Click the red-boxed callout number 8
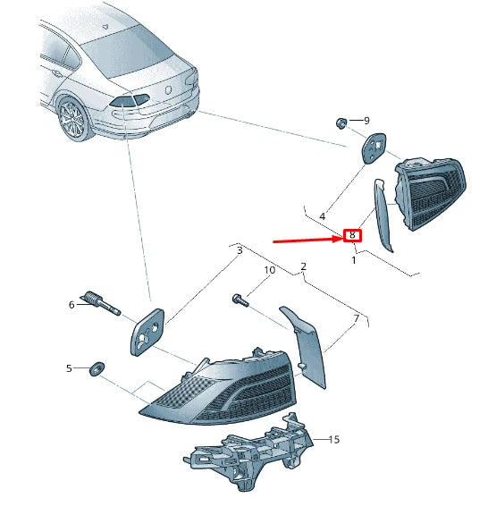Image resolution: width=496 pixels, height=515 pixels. click(x=352, y=235)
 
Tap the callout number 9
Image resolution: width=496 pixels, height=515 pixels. click(x=366, y=121)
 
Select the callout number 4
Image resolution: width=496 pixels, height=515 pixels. click(x=323, y=216)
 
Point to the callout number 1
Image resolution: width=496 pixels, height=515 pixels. click(x=354, y=260)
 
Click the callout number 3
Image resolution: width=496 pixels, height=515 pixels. click(x=240, y=250)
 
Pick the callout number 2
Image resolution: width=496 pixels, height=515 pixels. click(x=303, y=266)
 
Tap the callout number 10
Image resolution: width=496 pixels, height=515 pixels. click(x=270, y=270)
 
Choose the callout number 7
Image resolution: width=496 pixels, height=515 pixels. click(x=357, y=318)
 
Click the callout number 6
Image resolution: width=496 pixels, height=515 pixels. click(x=71, y=305)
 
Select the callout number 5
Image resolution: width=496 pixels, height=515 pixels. click(x=69, y=368)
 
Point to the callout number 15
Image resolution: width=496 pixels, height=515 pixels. click(x=334, y=440)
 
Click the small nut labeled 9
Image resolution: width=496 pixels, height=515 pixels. click(x=341, y=123)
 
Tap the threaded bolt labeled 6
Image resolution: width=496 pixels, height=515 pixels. click(x=100, y=303)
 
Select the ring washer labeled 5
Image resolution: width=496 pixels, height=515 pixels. click(x=97, y=369)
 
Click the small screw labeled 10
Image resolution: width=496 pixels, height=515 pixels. click(x=241, y=300)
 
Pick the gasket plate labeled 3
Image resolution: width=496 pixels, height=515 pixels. click(x=147, y=332)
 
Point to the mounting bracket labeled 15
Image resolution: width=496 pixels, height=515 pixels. click(x=248, y=452)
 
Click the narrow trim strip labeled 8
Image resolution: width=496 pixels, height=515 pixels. click(x=383, y=215)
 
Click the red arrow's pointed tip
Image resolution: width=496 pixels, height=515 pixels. click(x=342, y=238)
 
